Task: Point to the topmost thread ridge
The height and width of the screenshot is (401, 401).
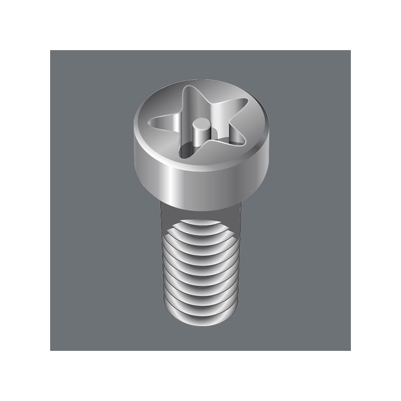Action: pyautogui.click(x=201, y=223)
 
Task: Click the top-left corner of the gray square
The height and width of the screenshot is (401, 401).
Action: pyautogui.click(x=51, y=51)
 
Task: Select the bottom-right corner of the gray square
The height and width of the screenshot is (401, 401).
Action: pyautogui.click(x=350, y=350)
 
